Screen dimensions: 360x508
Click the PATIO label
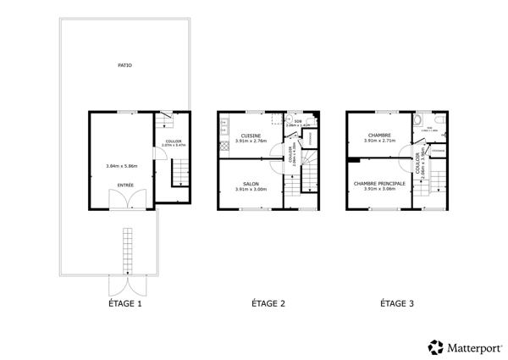click(124, 64)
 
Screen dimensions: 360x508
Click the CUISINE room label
click(251, 135)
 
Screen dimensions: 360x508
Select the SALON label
click(251, 183)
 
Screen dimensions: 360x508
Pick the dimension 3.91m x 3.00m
click(251, 189)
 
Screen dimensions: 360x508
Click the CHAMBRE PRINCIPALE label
click(379, 183)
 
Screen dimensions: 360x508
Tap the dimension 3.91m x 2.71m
click(379, 141)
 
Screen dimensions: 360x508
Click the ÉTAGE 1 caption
click(124, 302)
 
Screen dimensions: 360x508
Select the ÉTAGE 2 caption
click(268, 302)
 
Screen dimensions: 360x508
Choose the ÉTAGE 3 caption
click(396, 302)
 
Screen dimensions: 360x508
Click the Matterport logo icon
click(435, 346)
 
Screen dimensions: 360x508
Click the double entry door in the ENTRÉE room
click(125, 199)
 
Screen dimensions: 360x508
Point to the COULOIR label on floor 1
click(173, 141)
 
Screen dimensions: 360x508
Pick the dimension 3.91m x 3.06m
click(379, 189)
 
